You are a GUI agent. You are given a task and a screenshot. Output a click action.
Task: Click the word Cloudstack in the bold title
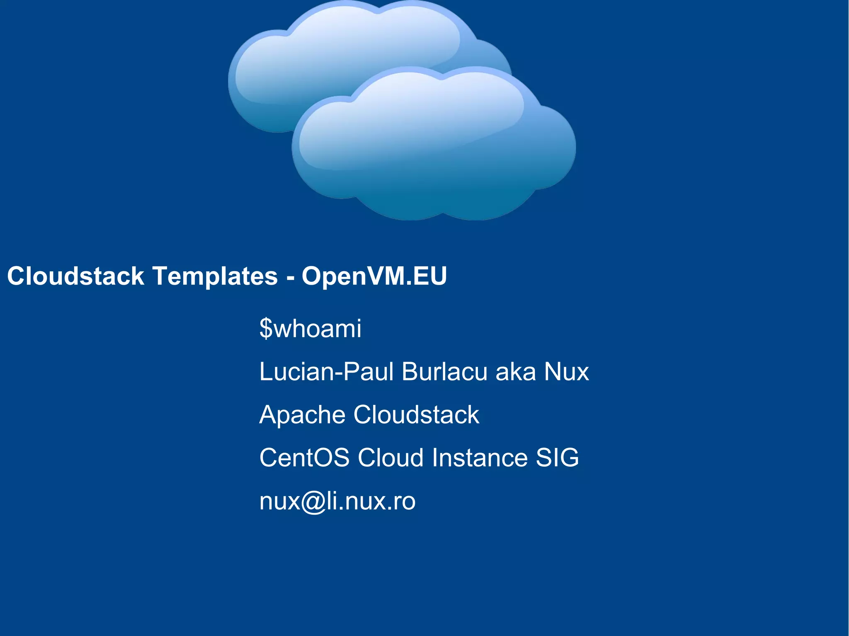(x=75, y=276)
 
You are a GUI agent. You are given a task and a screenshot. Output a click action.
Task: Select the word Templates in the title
(x=215, y=276)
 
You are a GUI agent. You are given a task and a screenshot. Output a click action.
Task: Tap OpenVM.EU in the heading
(x=374, y=276)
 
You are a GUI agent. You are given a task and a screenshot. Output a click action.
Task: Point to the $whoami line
(x=310, y=329)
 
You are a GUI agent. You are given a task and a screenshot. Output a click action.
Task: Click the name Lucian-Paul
(x=326, y=372)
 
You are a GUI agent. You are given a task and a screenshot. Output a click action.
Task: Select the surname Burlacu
(x=444, y=372)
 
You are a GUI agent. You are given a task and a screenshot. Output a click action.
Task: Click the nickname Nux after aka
(x=566, y=372)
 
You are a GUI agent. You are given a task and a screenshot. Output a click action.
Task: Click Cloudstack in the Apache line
(x=416, y=415)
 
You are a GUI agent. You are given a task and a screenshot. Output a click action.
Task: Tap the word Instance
(x=480, y=458)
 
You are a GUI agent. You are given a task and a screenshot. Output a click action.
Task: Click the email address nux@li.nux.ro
(x=337, y=501)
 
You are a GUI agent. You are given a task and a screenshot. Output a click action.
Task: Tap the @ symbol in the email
(x=314, y=502)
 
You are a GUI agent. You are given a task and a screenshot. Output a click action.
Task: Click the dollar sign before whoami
(x=266, y=329)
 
